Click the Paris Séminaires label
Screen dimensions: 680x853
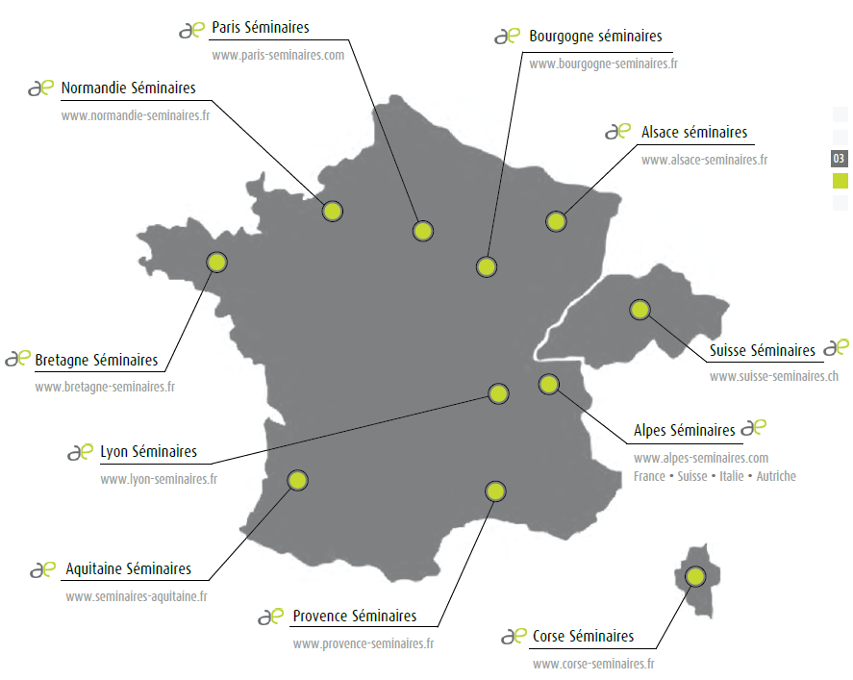tap(261, 29)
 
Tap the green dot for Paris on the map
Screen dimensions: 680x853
tap(422, 231)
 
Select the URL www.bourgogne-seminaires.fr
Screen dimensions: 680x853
tap(603, 63)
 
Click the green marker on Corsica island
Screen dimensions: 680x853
tap(694, 576)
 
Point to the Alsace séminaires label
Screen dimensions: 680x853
tap(693, 133)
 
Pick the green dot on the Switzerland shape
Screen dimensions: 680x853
tap(640, 310)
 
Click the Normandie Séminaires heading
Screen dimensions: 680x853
tap(128, 88)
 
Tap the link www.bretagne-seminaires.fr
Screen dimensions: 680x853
tap(105, 387)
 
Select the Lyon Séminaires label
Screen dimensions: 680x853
tap(148, 451)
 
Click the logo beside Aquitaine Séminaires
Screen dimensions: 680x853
tap(42, 569)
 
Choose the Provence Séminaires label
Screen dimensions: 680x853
tap(355, 616)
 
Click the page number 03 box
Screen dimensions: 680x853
tap(840, 158)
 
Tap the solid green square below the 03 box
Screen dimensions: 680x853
tap(840, 180)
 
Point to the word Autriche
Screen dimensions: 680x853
tap(776, 476)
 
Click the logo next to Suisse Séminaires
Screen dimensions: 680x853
tap(836, 347)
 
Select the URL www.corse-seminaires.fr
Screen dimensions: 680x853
tap(593, 664)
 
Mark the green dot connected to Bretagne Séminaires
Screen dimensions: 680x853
tap(217, 262)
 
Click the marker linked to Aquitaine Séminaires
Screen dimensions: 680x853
tap(297, 480)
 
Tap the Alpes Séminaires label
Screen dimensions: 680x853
tap(685, 430)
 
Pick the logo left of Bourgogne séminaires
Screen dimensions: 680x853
tap(507, 37)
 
